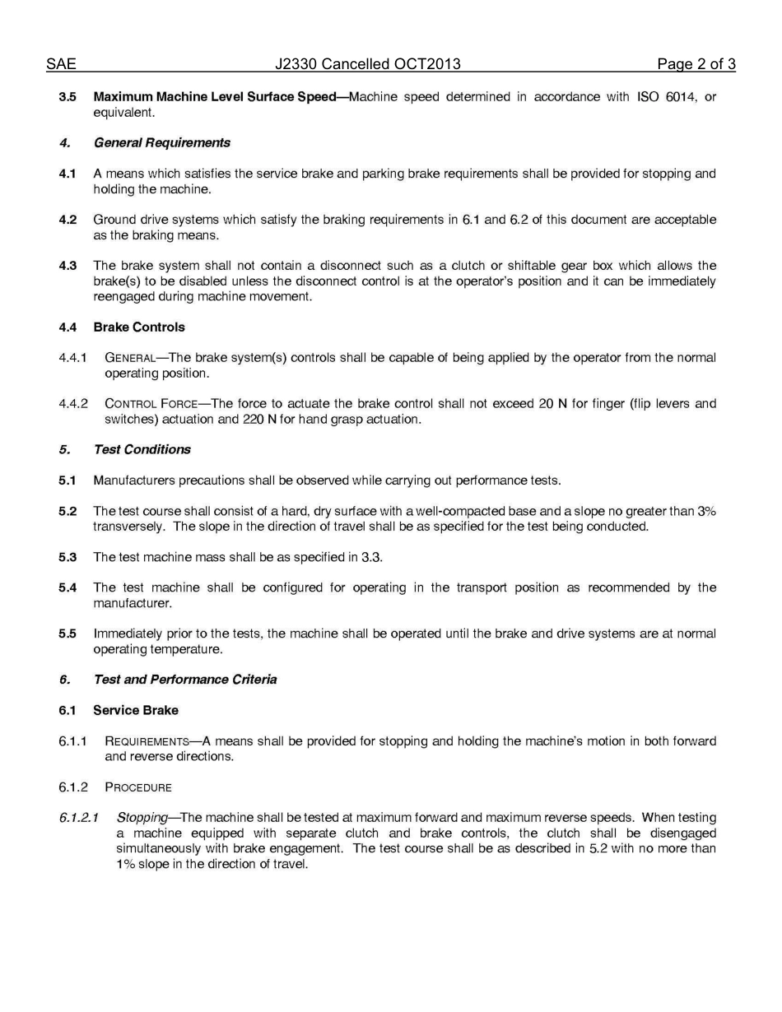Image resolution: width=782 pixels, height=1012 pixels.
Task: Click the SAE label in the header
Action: coord(61,64)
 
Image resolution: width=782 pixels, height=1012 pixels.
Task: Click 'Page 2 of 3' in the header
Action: coord(696,64)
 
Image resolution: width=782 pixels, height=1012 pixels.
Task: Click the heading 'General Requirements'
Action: coord(161,143)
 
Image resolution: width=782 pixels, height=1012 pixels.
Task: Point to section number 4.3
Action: coord(67,266)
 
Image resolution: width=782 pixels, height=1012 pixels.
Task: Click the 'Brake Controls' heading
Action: coord(139,327)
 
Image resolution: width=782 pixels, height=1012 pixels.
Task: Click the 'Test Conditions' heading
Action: coord(142,450)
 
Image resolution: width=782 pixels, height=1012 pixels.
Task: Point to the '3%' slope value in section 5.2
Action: coord(706,512)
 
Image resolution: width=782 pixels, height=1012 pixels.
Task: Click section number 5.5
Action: coord(67,634)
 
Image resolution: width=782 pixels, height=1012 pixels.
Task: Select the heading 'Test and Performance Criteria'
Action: coord(184,680)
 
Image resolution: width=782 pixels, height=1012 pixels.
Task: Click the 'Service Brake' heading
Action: coord(136,711)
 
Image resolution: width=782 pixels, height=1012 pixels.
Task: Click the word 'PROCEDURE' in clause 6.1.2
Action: coord(138,788)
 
